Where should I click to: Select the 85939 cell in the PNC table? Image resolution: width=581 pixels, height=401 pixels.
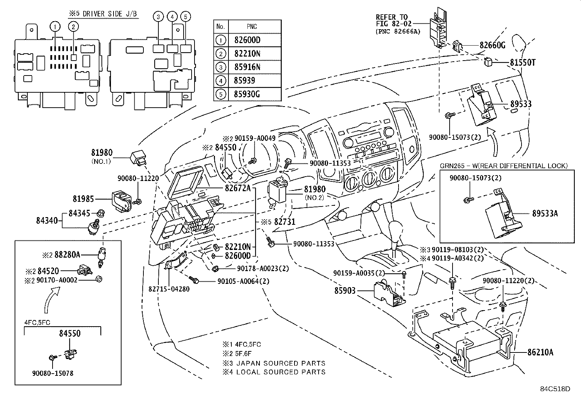click(x=245, y=81)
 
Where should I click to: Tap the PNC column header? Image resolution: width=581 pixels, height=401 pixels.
click(x=252, y=27)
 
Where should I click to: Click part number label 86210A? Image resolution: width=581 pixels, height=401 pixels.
click(x=540, y=352)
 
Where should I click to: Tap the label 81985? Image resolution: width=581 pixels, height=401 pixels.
click(x=83, y=199)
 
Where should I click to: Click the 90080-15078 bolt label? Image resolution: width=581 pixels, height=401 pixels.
click(x=53, y=373)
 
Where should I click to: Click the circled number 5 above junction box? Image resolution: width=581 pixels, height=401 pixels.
click(x=185, y=17)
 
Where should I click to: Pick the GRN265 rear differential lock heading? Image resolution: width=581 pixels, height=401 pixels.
click(x=504, y=166)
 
